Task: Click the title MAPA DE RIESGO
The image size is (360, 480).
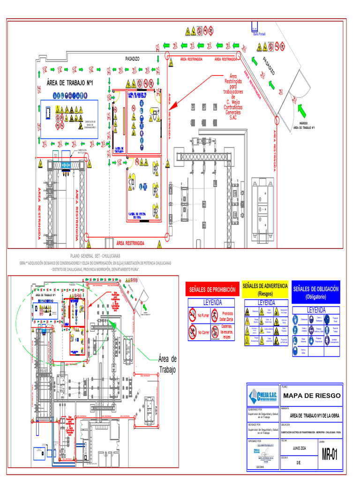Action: [312, 396]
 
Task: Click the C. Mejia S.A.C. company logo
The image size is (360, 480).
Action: [263, 397]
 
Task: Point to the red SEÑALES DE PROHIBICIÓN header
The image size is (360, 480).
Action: [212, 290]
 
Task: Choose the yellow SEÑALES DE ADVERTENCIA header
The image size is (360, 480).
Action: [265, 289]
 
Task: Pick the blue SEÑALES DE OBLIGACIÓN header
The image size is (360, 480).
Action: [315, 292]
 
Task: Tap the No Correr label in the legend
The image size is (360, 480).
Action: [203, 332]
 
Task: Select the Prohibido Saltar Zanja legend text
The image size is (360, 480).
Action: [227, 315]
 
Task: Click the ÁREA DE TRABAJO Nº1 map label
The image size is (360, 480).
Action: [70, 83]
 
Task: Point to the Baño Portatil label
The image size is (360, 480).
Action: [259, 34]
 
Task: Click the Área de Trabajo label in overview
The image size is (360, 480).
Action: [167, 364]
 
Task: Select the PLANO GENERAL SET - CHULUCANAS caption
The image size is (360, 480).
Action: [95, 256]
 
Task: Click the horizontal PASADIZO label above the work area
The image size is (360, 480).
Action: [132, 59]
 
